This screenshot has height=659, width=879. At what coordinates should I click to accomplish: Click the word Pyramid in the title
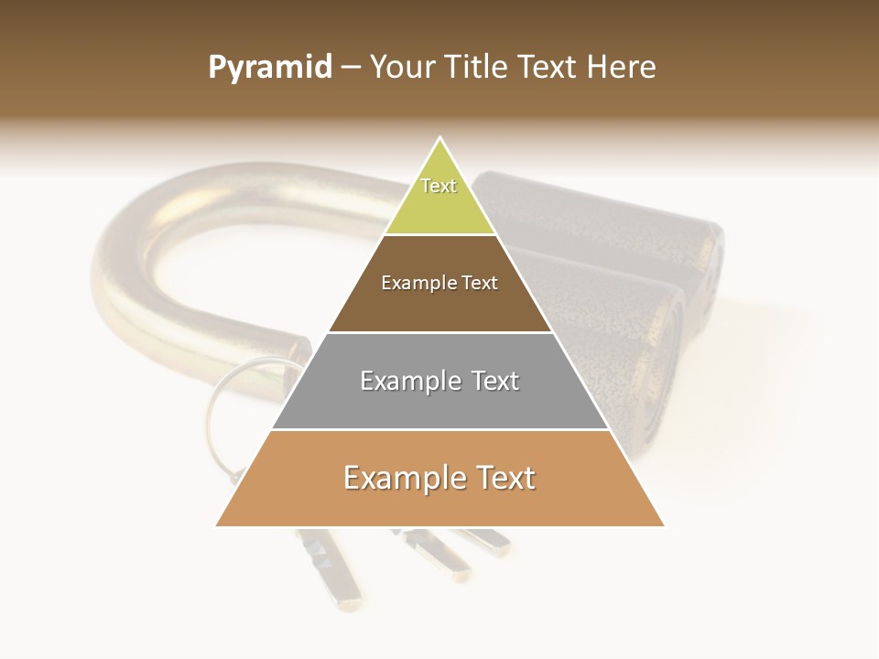pos(270,68)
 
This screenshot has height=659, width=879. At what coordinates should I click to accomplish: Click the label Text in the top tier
pos(439,186)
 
